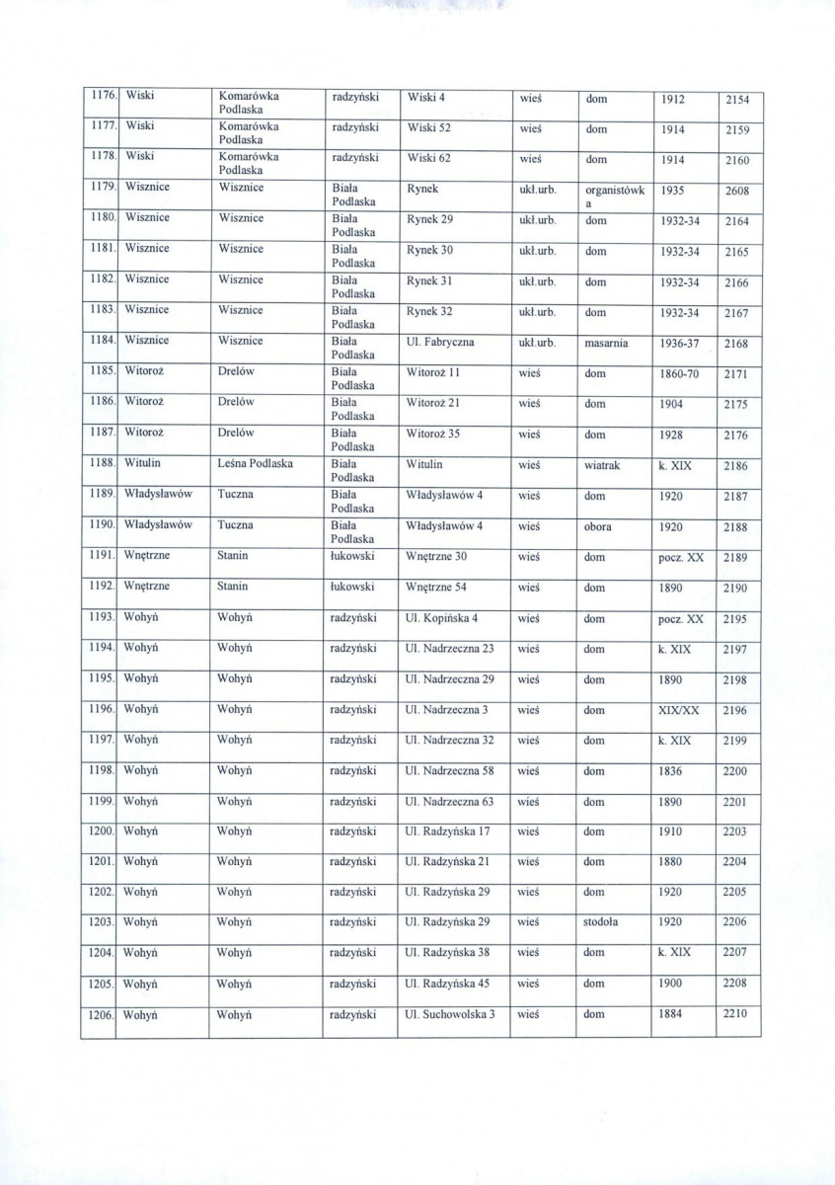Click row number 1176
[97, 97]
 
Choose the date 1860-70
[682, 374]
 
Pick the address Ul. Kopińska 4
[442, 619]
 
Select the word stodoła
[602, 922]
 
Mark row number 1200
[98, 832]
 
